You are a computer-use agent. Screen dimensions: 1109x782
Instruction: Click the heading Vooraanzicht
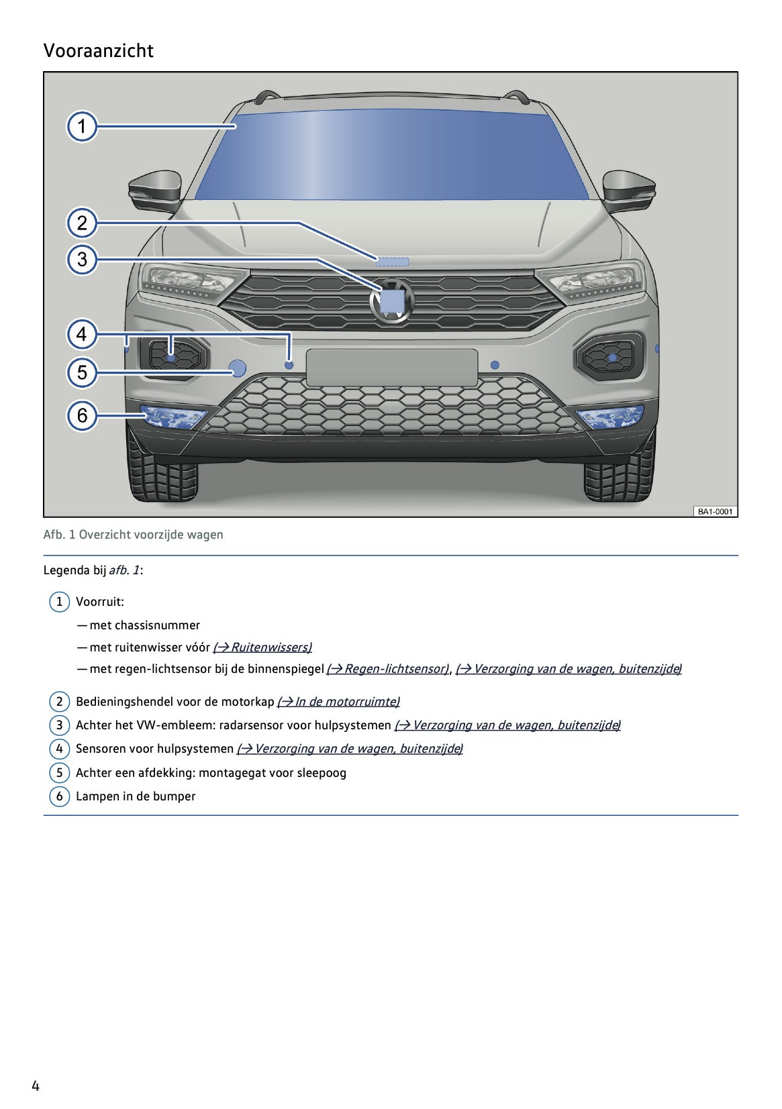point(98,51)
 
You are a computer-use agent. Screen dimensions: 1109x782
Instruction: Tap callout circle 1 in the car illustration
point(82,126)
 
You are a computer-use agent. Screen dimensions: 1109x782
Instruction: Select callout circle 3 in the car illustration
point(82,260)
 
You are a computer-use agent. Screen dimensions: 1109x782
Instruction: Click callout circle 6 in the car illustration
point(82,415)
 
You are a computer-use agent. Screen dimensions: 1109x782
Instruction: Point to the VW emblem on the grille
point(392,301)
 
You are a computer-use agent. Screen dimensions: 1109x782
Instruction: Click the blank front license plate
point(392,367)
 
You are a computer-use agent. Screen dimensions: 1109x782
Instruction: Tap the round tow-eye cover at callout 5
point(238,367)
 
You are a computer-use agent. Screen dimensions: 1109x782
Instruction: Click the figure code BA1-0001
point(715,511)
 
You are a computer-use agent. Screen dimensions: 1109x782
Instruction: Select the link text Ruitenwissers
point(262,647)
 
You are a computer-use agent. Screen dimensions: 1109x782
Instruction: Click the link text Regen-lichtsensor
point(387,669)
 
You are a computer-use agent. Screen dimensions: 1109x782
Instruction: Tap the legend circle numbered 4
point(59,749)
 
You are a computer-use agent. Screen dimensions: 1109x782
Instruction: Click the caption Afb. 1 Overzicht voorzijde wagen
point(133,535)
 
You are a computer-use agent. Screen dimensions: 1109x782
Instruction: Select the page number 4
point(36,1086)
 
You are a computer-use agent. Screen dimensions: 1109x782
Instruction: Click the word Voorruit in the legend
point(99,602)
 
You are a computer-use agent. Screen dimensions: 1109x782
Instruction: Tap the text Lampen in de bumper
point(136,796)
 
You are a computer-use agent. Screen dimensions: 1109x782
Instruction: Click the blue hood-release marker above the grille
point(392,262)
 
